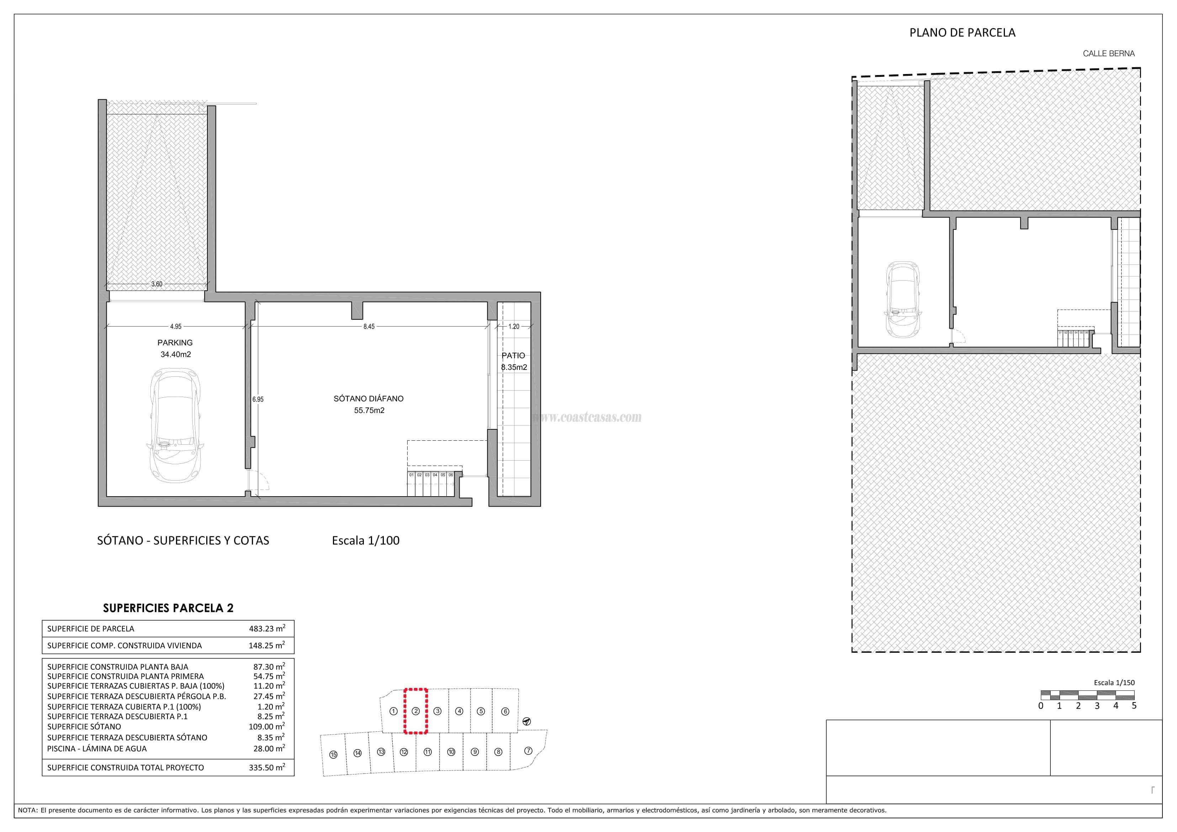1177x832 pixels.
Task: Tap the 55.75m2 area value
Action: click(369, 410)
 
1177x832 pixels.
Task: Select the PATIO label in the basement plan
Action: click(513, 355)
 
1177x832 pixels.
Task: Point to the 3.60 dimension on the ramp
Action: click(157, 284)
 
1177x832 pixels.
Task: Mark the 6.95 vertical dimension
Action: click(258, 399)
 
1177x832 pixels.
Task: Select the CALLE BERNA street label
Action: click(1108, 53)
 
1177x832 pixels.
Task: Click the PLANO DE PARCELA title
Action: click(962, 33)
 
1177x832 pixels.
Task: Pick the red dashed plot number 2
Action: click(416, 711)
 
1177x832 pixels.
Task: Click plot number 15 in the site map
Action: click(334, 754)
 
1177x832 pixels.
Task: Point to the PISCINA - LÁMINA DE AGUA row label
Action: click(97, 748)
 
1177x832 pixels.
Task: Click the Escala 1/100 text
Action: click(366, 540)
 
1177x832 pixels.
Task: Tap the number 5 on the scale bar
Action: click(1134, 706)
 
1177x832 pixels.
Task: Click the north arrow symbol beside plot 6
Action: click(526, 721)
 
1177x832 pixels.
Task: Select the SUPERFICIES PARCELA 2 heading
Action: click(168, 608)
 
